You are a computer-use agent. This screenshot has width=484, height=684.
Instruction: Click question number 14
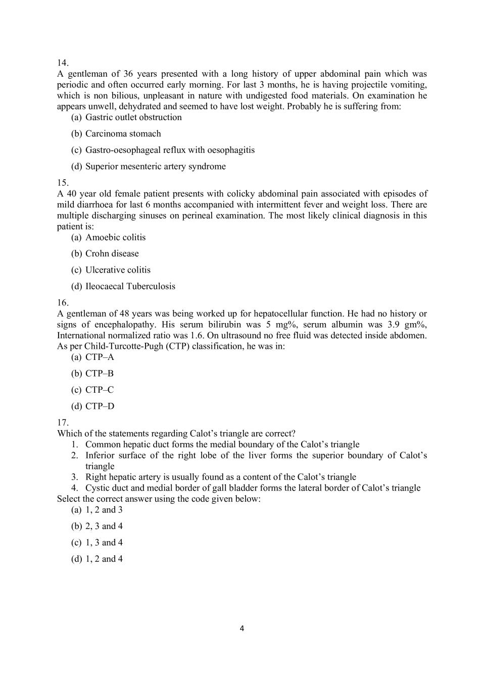tap(63, 63)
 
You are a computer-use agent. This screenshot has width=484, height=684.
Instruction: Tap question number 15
tap(63, 183)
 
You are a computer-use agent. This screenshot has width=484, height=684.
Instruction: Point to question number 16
tap(63, 303)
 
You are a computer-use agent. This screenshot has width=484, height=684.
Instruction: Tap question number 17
tap(63, 423)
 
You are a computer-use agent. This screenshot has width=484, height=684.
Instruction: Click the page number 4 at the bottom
tap(241, 628)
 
